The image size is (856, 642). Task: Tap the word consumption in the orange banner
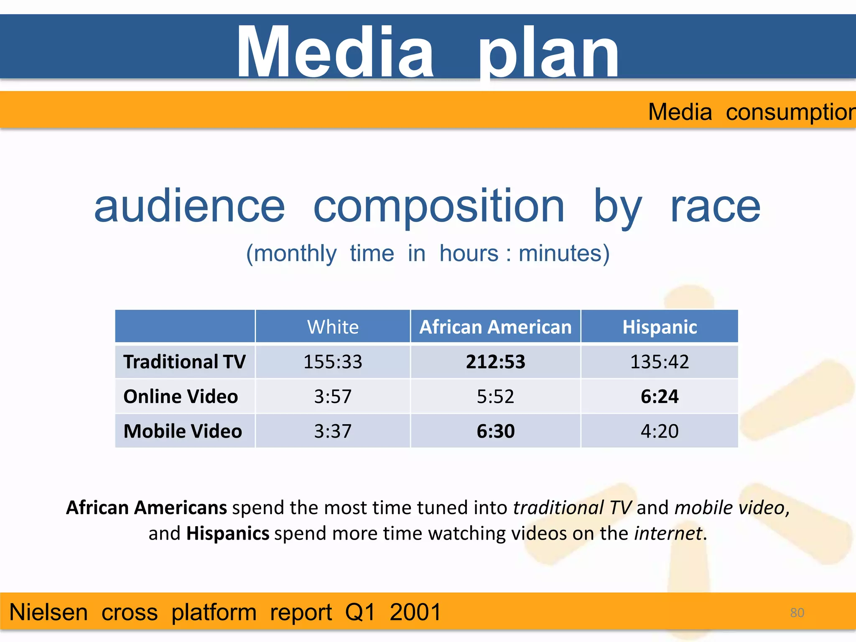tap(790, 112)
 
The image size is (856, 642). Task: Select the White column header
tap(333, 327)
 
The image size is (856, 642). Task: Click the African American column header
tap(495, 327)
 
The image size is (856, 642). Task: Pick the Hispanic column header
tap(660, 327)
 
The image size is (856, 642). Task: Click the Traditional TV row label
tap(184, 362)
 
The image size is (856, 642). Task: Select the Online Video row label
tap(181, 397)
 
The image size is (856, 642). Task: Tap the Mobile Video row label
tap(183, 431)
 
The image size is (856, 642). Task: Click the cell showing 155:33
tap(333, 362)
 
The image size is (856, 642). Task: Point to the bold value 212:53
tap(495, 362)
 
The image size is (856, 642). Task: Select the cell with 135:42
tap(660, 362)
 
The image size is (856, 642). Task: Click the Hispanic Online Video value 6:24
tap(660, 397)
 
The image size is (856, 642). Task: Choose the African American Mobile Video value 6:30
tap(495, 431)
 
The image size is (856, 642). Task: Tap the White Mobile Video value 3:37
tap(333, 431)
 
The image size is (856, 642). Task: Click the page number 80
tap(797, 613)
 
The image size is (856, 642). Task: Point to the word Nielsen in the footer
tap(48, 613)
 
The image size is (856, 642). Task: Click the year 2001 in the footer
tap(415, 613)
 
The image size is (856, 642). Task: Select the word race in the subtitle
tap(715, 207)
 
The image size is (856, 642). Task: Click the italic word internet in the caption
tap(668, 534)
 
